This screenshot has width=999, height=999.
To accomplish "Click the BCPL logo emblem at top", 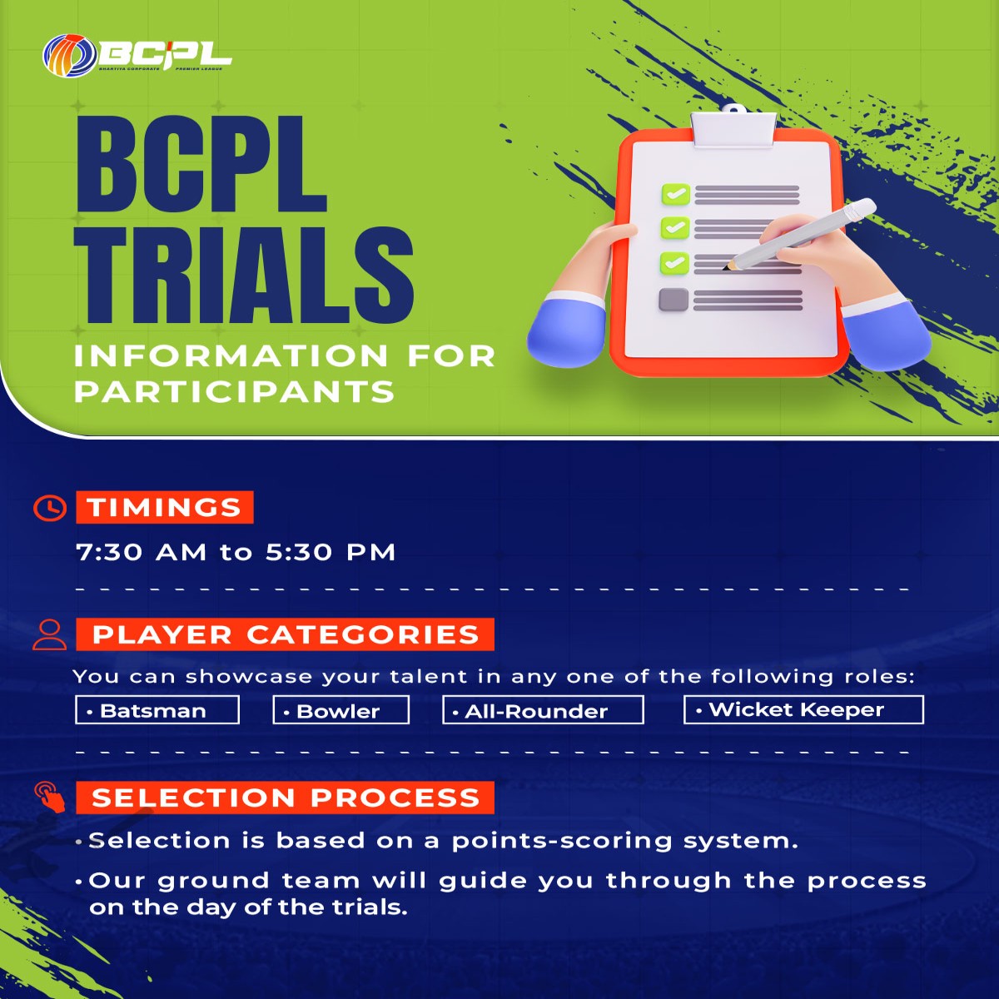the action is pos(70,55).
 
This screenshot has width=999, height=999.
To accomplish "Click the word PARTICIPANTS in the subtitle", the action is pos(235,391).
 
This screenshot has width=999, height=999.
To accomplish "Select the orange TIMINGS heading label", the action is pos(165,507).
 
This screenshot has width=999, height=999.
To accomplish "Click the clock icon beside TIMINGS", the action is pos(50,508).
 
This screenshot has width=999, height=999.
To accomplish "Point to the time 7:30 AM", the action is pos(141,552).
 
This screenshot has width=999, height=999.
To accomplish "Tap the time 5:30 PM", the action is pos(331,552).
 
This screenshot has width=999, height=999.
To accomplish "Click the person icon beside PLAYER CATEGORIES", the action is pos(50,634).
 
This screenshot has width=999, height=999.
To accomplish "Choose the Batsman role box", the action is pos(157,710).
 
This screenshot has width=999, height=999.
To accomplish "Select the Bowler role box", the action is pos(341,710).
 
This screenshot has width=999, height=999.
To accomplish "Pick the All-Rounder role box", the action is pos(544,710).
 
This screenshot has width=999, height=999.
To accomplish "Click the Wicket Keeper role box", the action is pos(804,709).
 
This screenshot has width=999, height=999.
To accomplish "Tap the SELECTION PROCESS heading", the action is pos(286,798).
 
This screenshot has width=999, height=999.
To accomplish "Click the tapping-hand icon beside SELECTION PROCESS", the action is pos(50,798).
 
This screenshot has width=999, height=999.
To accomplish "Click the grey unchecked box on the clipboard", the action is pos(673,300).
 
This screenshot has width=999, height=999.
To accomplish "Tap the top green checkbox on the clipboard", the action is pos(675,195).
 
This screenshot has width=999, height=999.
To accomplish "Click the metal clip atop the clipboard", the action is pos(733,127).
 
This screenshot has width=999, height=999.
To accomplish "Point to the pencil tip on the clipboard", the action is pos(725,267).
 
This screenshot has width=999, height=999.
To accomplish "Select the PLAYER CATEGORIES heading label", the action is pos(286,634).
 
